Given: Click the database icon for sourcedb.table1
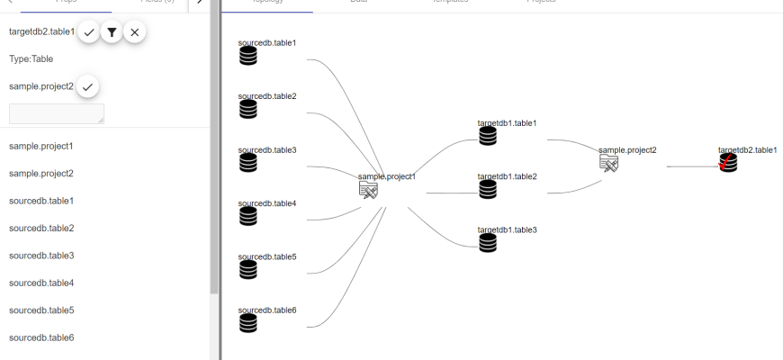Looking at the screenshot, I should (248, 56).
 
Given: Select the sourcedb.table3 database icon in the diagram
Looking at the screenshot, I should (248, 163).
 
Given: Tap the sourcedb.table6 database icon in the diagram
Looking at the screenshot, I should (248, 323).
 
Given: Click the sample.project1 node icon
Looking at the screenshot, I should (368, 189).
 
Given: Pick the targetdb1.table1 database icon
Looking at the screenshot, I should (488, 136).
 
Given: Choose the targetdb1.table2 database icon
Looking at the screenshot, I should (488, 189).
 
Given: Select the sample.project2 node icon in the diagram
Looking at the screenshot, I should (609, 163).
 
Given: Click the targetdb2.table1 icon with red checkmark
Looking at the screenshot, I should (728, 163).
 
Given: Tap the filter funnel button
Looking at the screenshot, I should (112, 32).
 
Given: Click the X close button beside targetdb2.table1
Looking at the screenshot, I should (134, 32).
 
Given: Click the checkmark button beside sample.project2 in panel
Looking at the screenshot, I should (87, 87).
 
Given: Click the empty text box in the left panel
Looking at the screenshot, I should (57, 113).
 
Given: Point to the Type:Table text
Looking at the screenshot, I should (31, 59).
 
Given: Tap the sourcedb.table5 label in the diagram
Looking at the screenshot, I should (267, 256).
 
